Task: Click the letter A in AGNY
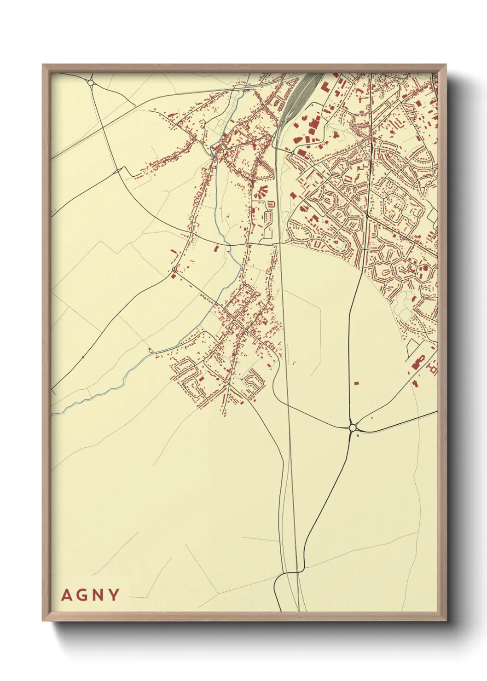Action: coord(67,595)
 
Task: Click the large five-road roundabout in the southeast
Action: coord(353,427)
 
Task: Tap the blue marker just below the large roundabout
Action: coord(358,435)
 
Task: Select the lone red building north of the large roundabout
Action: coord(356,382)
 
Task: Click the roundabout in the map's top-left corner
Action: coord(91,83)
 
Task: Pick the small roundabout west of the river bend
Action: coord(173,270)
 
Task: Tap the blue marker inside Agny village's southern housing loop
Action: coord(242,379)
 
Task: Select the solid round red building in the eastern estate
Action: coord(326,221)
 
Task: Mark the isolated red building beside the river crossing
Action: coord(216,248)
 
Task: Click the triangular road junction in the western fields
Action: coord(119,170)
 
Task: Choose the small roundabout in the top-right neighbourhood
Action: coord(396,80)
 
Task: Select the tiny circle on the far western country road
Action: coord(83,357)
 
